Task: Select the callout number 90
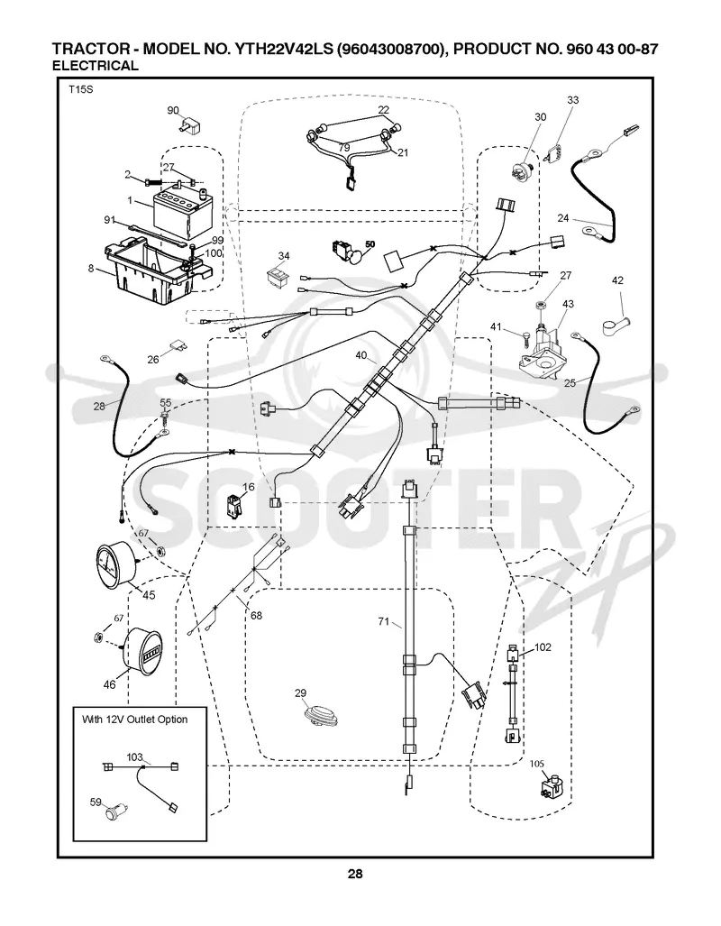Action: coord(173,110)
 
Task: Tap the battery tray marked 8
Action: coord(155,270)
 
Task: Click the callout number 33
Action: coord(573,100)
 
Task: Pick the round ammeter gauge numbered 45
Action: coord(116,564)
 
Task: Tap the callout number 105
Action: coord(537,764)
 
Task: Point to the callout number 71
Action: coord(385,620)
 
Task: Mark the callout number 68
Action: coord(256,615)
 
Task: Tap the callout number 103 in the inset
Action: coord(134,756)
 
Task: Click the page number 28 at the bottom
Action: coord(355,874)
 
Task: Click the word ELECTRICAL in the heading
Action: coord(96,66)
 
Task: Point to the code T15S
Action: coord(80,90)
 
